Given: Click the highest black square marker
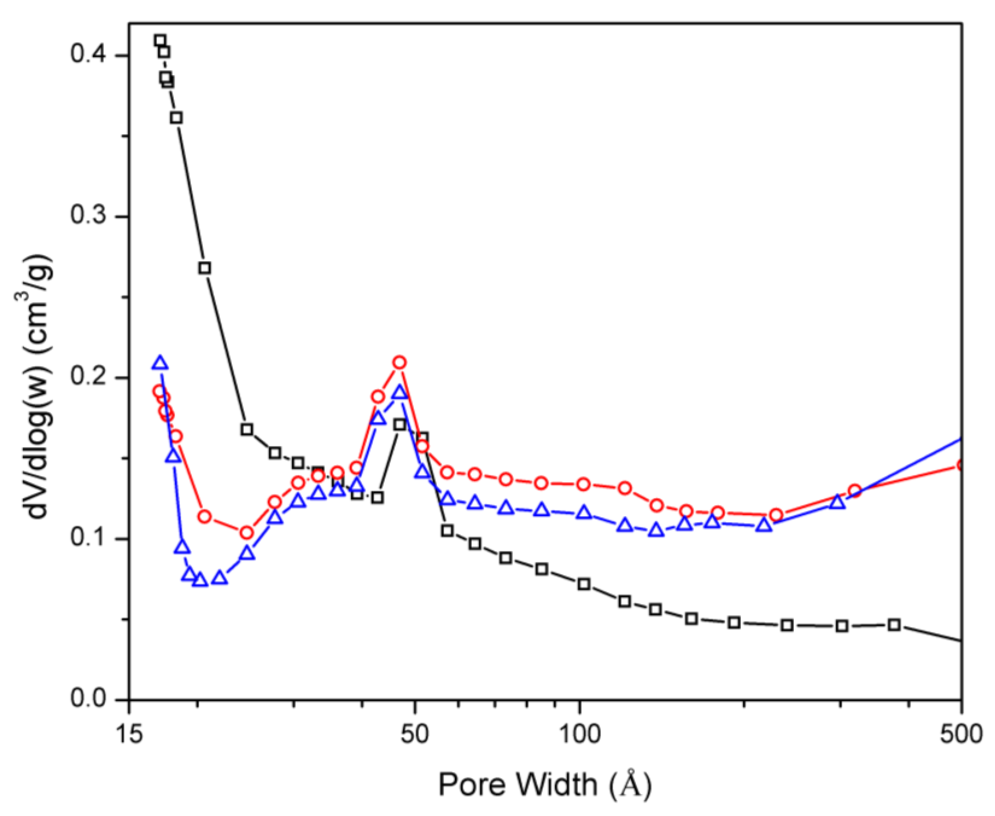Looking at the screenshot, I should pyautogui.click(x=160, y=41).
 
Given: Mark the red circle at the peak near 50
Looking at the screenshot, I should pyautogui.click(x=400, y=363).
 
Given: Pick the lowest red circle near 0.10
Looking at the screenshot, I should pyautogui.click(x=247, y=533).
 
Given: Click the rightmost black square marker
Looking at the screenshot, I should pyautogui.click(x=895, y=625).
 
